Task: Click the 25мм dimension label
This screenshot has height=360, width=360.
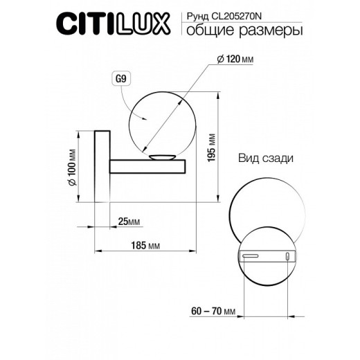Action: (x=129, y=222)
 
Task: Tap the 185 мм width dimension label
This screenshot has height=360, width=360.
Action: (x=145, y=246)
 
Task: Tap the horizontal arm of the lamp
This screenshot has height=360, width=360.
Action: (x=147, y=166)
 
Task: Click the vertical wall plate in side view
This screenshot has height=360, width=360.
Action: (x=101, y=166)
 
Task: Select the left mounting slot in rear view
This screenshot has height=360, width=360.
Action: (x=250, y=257)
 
